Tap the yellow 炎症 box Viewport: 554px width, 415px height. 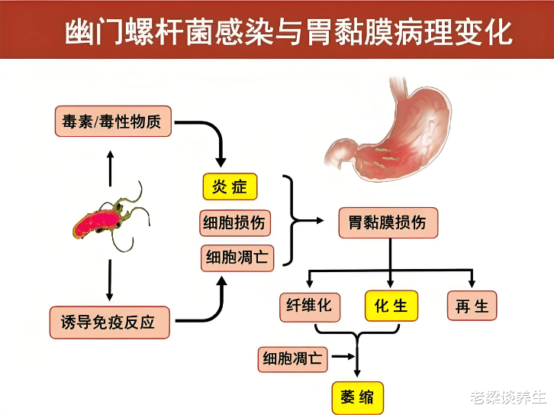pos(230,186)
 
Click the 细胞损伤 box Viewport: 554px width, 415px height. pos(234,222)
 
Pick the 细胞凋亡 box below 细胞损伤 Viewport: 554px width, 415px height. pos(236,258)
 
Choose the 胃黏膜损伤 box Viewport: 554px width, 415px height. pos(388,223)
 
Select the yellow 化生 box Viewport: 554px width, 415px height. pos(391,306)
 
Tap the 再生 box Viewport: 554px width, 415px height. pos(472,306)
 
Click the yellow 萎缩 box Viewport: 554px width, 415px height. pos(356,397)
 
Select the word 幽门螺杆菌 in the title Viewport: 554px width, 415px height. pos(130,32)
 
